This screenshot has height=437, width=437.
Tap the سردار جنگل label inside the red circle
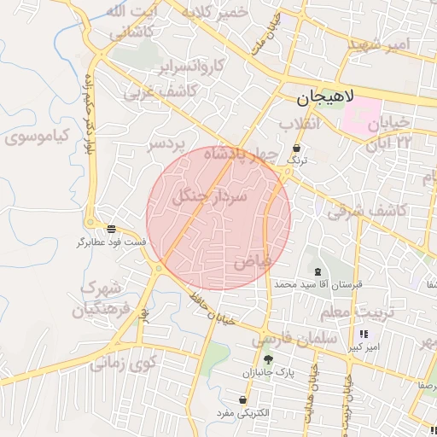210,196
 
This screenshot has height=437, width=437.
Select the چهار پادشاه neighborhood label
256,154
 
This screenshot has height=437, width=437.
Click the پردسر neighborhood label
167,144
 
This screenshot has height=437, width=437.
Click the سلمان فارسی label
295,339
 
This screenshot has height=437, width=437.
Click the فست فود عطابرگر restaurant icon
112,228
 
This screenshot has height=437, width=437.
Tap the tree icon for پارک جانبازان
268,359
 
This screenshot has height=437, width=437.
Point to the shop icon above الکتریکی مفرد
245,399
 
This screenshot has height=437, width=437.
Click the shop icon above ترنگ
297,147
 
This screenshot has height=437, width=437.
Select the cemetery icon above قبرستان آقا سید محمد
306,269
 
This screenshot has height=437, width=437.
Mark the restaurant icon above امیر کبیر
364,334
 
